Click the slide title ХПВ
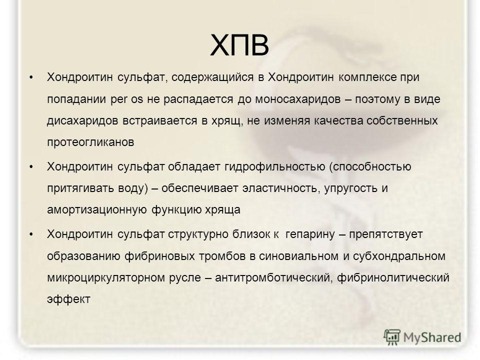239,45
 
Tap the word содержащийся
212,77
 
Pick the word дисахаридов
82,121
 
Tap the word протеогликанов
90,142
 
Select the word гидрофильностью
274,167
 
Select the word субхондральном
399,256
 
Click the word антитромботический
273,278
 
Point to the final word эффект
68,299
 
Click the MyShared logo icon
392,337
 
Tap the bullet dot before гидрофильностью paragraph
31,167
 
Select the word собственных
402,121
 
